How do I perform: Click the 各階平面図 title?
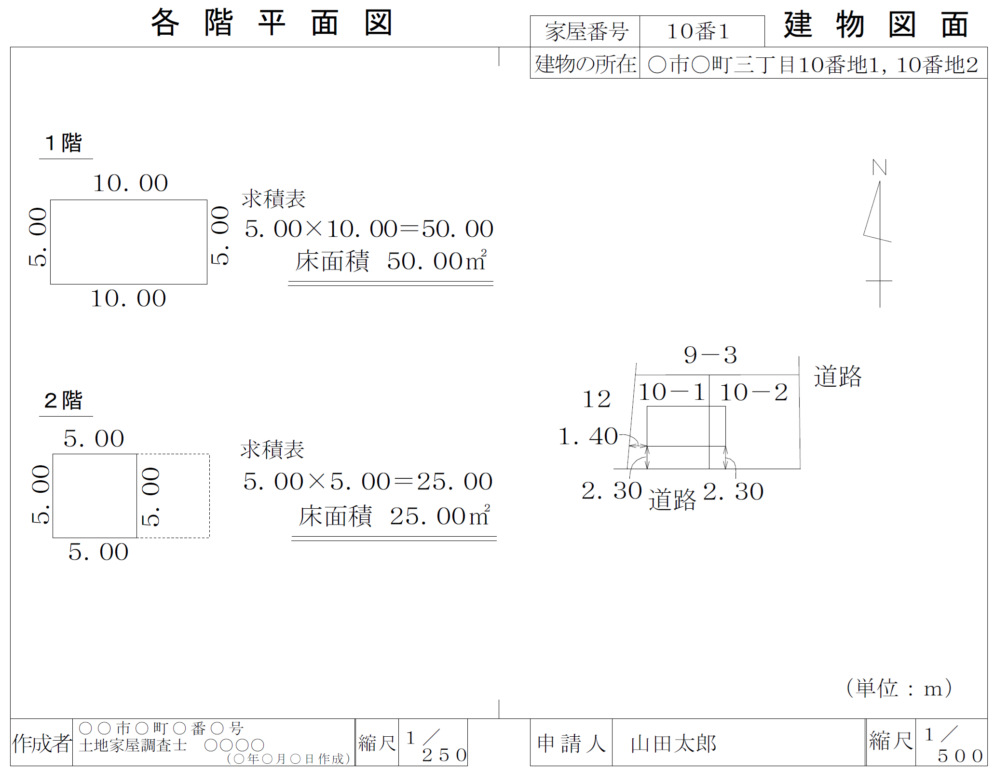tap(272, 23)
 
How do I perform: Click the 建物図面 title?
tap(876, 25)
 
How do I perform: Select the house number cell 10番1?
tap(702, 31)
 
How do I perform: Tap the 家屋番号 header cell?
tap(585, 31)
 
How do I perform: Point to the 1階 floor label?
tap(64, 143)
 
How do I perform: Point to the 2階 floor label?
tap(64, 400)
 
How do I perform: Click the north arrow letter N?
tap(879, 167)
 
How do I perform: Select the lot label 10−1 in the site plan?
tap(672, 392)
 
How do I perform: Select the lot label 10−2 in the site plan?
tap(754, 392)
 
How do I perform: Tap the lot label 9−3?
tap(710, 355)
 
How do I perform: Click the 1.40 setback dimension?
tap(588, 436)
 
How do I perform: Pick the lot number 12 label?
tap(597, 399)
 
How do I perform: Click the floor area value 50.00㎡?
tap(437, 261)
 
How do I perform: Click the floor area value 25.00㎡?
tap(440, 516)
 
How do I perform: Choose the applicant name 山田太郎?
tap(673, 744)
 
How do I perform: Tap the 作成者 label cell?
tap(42, 743)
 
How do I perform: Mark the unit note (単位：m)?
tap(899, 688)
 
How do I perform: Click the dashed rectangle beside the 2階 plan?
tap(173, 496)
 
